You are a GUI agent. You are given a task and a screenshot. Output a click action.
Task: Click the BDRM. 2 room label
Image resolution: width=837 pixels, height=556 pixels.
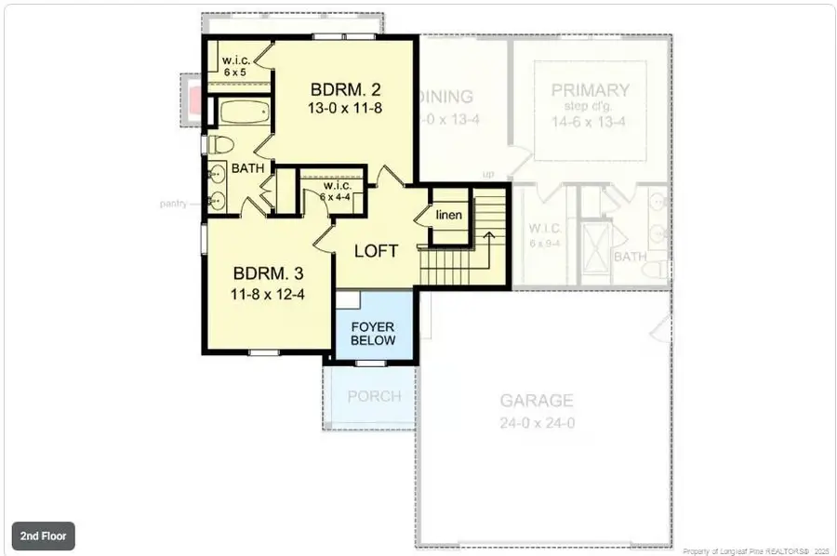(345, 90)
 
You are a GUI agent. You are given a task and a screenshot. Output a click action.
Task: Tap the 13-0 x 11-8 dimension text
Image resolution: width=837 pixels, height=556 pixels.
(345, 108)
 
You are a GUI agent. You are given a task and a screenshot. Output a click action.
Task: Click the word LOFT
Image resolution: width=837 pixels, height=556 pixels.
(376, 251)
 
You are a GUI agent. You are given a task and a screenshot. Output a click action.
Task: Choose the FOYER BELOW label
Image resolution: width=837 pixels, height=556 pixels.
(373, 333)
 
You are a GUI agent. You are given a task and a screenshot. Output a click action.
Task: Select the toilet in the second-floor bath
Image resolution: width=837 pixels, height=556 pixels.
(220, 145)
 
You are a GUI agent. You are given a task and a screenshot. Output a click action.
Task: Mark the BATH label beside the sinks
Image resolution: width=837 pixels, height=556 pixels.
(248, 168)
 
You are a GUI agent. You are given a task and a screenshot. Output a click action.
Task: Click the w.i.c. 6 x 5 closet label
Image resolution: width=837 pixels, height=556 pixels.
(232, 66)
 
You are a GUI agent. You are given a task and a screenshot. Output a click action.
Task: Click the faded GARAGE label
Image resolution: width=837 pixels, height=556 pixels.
(536, 401)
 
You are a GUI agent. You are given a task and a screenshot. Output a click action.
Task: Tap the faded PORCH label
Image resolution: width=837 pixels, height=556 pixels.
(374, 396)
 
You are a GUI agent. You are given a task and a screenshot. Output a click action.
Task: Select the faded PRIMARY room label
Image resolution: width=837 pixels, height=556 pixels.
(590, 90)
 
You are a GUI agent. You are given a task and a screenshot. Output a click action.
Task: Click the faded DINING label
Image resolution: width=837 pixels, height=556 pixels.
(446, 96)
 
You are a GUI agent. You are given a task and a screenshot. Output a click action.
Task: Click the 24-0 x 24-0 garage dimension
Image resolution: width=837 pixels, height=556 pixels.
(536, 421)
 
